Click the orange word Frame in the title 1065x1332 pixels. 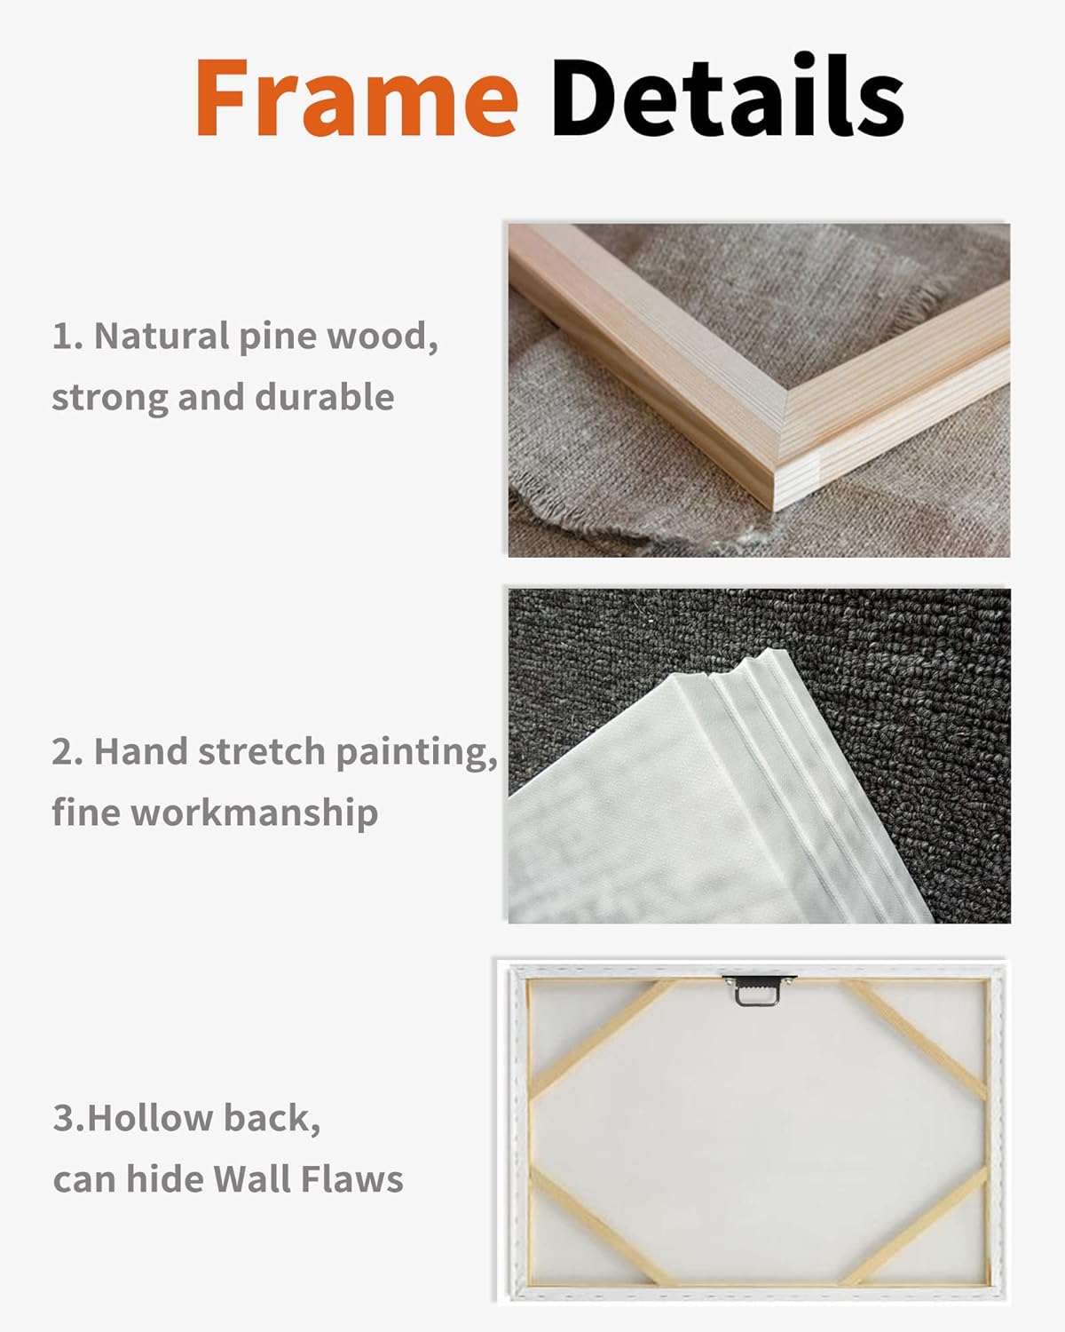[x=357, y=97]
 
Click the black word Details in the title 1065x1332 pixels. [x=728, y=94]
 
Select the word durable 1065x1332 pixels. [x=324, y=396]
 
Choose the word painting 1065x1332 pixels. [x=416, y=753]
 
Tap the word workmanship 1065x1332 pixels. [x=254, y=812]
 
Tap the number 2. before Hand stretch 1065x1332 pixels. [x=67, y=751]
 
